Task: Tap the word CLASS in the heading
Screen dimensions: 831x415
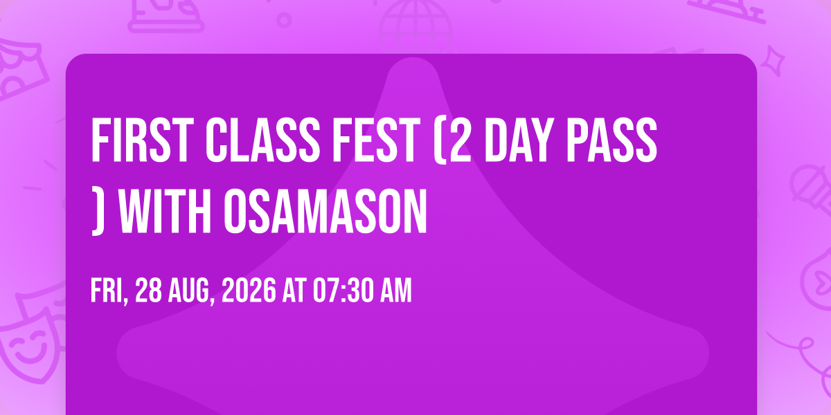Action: (262, 140)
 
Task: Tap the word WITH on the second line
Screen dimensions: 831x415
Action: (164, 211)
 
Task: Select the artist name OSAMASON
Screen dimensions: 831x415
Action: (325, 211)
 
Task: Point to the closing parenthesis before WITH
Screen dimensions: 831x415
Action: (98, 212)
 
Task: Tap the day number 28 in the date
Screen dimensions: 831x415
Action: (148, 291)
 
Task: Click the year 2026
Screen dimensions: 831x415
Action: (249, 291)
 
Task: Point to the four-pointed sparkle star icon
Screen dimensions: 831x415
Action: (772, 61)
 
